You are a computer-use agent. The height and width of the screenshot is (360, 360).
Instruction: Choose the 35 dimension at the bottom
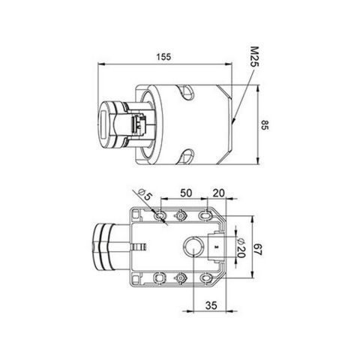point(211,306)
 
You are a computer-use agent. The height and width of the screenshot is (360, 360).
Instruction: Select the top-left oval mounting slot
point(159,216)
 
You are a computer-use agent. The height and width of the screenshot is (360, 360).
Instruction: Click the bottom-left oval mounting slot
point(159,277)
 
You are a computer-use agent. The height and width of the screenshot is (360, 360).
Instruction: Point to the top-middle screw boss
point(181,216)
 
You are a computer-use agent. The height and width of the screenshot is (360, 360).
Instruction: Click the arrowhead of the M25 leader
point(235,120)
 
